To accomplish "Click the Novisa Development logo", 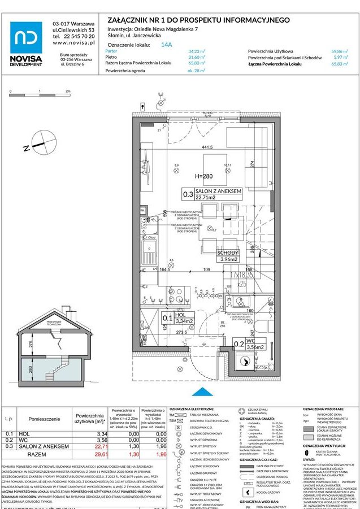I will [26, 43].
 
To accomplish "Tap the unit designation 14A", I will [167, 43].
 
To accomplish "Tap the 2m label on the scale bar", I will [68, 90].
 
